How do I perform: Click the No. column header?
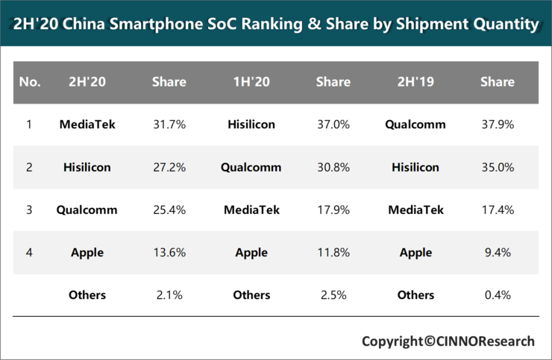tap(30, 82)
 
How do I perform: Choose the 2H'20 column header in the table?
tap(87, 82)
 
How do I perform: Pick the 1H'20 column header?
tap(251, 82)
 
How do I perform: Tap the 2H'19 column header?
tap(415, 82)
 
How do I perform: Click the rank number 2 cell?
tap(29, 168)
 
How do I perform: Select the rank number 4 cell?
tap(29, 253)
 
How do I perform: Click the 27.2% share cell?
tap(169, 168)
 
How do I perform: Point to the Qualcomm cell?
tap(251, 168)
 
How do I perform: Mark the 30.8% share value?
tap(333, 168)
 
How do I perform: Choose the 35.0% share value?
tap(498, 168)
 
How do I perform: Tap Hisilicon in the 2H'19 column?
tap(415, 168)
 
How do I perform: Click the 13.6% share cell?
tap(169, 253)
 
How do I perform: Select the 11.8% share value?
tap(333, 253)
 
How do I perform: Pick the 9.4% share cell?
tap(498, 253)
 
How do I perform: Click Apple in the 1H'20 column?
tap(251, 253)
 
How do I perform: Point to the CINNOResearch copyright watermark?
tap(448, 341)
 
